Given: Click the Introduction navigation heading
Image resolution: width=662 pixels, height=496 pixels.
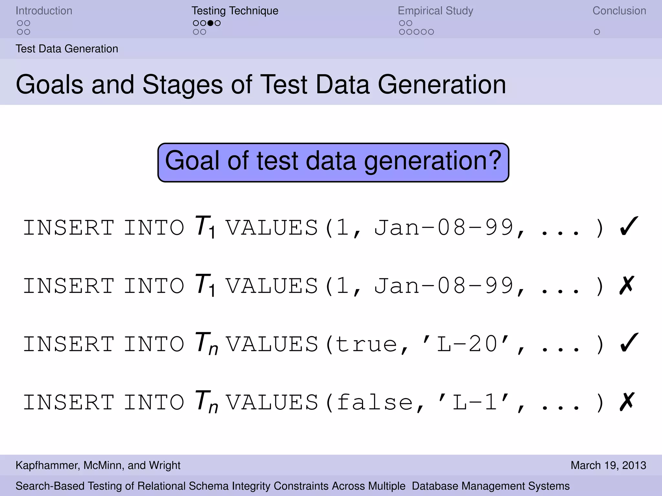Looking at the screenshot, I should point(44,11).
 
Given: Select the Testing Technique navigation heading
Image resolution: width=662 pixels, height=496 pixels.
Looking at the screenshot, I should point(235,11).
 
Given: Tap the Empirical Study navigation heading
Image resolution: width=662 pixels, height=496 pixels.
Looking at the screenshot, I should point(435,11).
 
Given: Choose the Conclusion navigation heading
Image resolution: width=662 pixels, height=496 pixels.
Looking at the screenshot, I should point(619,11).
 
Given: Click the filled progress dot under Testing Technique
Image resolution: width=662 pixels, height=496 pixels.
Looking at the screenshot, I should point(210,23).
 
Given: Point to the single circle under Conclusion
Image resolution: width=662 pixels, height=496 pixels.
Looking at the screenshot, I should point(597,32).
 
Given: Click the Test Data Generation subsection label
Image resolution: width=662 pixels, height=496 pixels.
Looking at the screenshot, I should point(67,49).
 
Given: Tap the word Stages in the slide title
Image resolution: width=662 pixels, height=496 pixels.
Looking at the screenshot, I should point(183,85).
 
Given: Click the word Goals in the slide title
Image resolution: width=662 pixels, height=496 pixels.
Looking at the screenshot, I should point(50,85).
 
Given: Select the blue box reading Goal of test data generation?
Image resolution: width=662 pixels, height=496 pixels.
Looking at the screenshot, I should point(333,162).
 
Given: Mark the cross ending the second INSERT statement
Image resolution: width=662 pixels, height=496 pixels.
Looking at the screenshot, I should point(627,285).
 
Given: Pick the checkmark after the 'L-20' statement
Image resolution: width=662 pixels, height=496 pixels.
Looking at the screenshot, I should point(629,343).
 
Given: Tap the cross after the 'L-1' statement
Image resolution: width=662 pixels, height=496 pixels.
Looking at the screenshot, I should point(627,402).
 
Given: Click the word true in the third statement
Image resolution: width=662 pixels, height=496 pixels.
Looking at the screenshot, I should point(366,344).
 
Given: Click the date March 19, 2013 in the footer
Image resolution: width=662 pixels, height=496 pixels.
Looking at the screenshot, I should point(608,465).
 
